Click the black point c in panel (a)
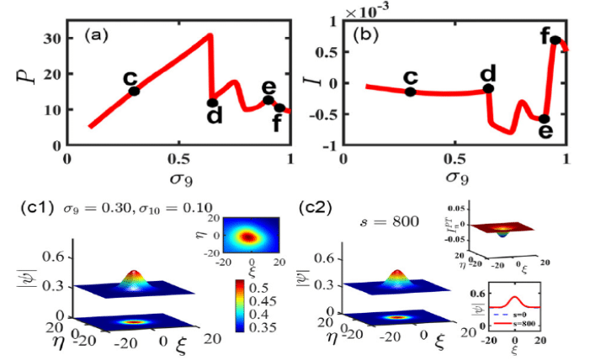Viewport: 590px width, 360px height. click(133, 90)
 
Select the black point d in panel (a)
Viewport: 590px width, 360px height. click(212, 103)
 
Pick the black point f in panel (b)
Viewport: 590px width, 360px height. click(555, 40)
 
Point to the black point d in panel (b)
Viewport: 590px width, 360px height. click(489, 88)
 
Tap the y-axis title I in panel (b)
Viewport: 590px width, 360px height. click(316, 82)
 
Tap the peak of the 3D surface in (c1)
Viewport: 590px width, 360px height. click(132, 274)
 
